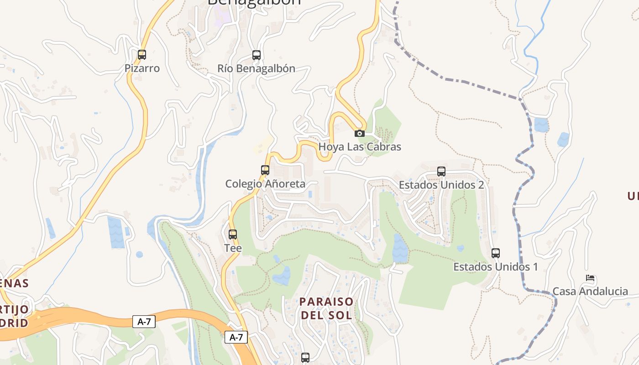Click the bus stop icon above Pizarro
pyautogui.click(x=142, y=55)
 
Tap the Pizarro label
pyautogui.click(x=142, y=68)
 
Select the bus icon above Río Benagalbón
pyautogui.click(x=257, y=55)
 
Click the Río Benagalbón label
pyautogui.click(x=256, y=69)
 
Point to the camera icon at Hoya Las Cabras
pyautogui.click(x=360, y=133)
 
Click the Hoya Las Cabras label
pyautogui.click(x=360, y=147)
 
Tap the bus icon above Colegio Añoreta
pyautogui.click(x=265, y=170)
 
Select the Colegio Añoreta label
pyautogui.click(x=265, y=184)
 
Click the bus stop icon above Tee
pyautogui.click(x=233, y=235)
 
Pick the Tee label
pyautogui.click(x=233, y=248)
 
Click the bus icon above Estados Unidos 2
pyautogui.click(x=441, y=172)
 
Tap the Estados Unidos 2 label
pyautogui.click(x=441, y=185)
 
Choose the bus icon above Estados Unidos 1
pyautogui.click(x=496, y=253)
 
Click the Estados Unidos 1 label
pyautogui.click(x=496, y=267)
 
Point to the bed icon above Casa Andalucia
pyautogui.click(x=590, y=278)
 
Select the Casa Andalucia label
pyautogui.click(x=590, y=292)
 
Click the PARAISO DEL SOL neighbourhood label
pyautogui.click(x=326, y=308)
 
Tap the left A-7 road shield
pyautogui.click(x=144, y=322)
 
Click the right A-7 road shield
pyautogui.click(x=236, y=338)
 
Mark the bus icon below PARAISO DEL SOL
pyautogui.click(x=305, y=358)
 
